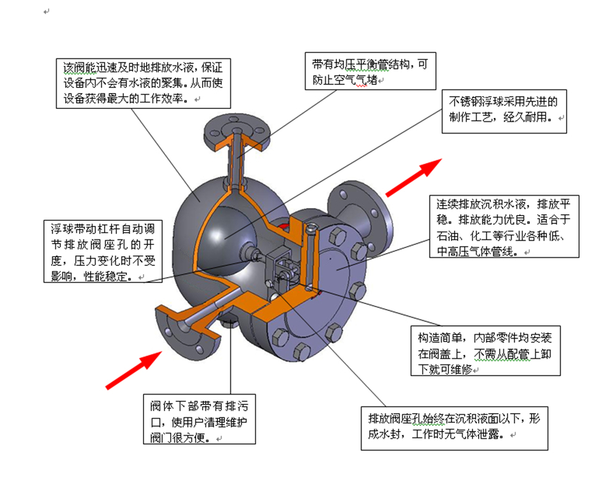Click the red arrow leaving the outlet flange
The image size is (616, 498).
coord(414,177)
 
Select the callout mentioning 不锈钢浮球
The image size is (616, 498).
coord(504,110)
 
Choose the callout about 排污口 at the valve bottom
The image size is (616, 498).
coord(199,419)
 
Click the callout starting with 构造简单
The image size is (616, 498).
coord(485,350)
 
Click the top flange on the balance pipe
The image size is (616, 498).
coord(237,132)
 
